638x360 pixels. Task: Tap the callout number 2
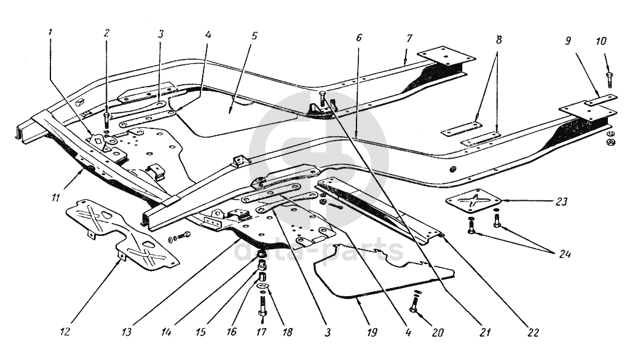coord(106,33)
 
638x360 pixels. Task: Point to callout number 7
coord(409,38)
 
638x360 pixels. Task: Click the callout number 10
coord(601,41)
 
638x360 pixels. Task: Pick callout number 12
coord(65,332)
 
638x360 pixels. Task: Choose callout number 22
coord(533,332)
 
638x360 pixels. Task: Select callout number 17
coord(262,332)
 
